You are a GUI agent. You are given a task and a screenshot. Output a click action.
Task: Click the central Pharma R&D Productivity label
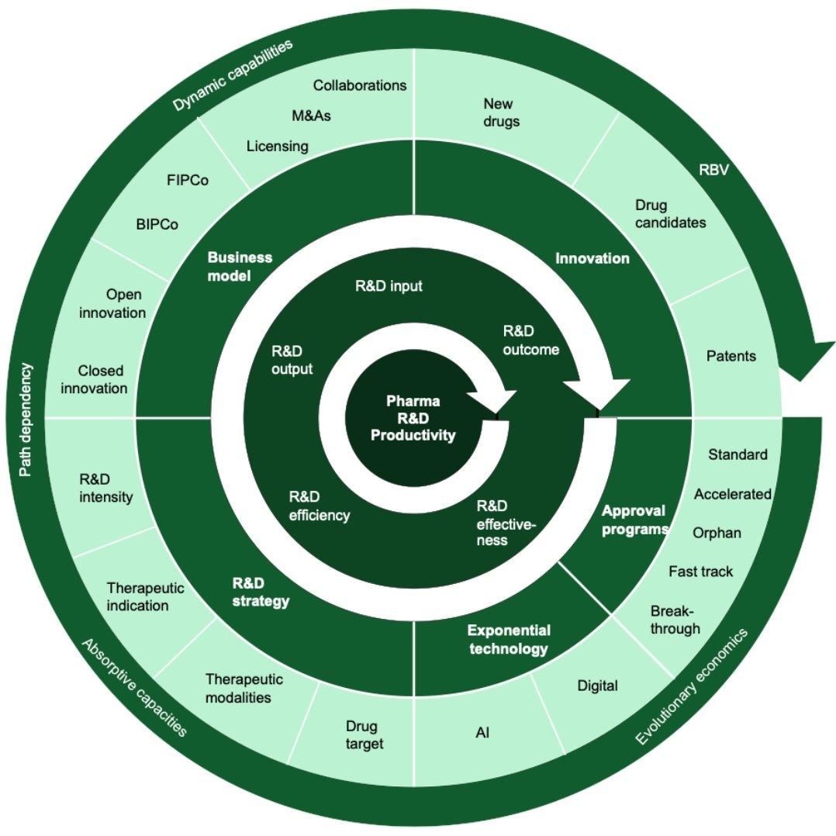tap(413, 418)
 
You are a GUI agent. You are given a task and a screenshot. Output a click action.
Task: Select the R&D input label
tap(389, 286)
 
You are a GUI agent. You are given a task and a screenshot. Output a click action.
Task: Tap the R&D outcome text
tap(530, 340)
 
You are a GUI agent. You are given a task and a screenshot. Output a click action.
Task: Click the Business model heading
tap(240, 267)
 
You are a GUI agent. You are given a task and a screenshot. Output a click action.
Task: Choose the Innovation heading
tap(592, 258)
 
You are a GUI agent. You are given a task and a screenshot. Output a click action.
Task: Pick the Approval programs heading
tap(634, 520)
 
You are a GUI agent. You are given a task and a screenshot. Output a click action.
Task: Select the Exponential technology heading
tap(508, 640)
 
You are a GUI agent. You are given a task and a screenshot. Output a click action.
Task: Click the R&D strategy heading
tap(261, 592)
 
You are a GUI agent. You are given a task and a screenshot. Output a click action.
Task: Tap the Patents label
tap(731, 356)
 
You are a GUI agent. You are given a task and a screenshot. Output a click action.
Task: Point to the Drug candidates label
tap(670, 214)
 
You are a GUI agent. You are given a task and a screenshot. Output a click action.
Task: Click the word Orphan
tap(717, 533)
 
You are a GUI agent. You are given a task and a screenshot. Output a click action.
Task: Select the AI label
tap(482, 731)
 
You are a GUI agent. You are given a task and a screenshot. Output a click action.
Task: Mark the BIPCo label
tap(157, 225)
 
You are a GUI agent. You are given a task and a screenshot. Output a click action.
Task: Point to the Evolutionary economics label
tap(692, 689)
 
